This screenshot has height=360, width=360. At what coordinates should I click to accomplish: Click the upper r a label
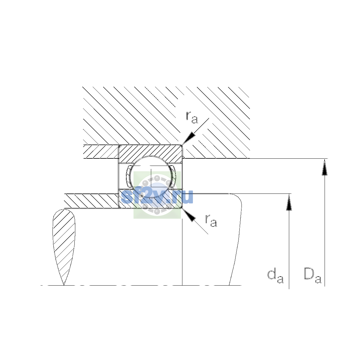[192, 117]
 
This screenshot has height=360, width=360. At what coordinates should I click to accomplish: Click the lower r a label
[211, 220]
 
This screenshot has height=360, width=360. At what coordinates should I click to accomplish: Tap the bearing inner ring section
[150, 199]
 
